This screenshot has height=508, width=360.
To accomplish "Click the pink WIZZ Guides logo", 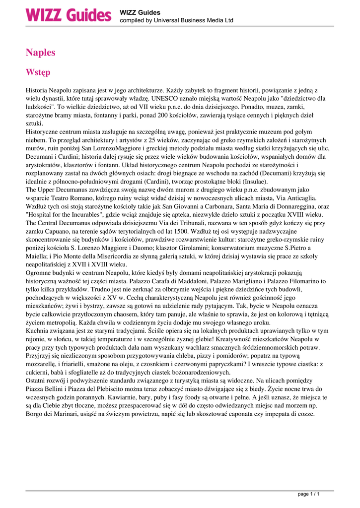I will (69, 15).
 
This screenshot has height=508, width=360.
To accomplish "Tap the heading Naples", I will (41, 53).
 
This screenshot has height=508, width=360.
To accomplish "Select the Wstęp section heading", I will (38, 73).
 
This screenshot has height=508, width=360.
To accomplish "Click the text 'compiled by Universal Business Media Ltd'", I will (176, 21).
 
